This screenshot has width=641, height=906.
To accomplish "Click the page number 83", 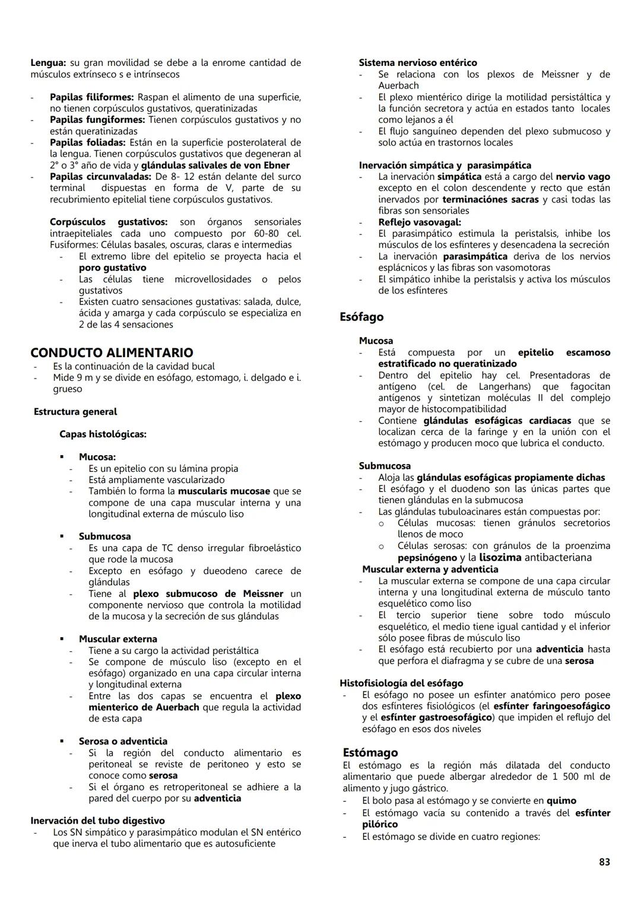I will click(x=604, y=862).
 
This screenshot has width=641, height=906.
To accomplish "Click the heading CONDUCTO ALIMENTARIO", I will click(x=112, y=353).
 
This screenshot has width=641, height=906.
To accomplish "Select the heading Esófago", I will click(x=361, y=317).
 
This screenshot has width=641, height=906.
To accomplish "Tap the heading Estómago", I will click(x=370, y=752).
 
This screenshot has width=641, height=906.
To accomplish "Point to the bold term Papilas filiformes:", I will click(x=93, y=97).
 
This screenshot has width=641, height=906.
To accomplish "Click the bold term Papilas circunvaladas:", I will click(x=101, y=177).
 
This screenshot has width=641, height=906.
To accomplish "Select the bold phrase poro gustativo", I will click(x=112, y=268).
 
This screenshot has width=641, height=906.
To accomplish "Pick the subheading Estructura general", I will click(x=75, y=412).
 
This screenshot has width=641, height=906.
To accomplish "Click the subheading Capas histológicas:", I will click(x=103, y=434).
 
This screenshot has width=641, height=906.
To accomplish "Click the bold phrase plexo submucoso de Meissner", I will click(x=208, y=594).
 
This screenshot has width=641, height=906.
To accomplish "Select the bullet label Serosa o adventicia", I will click(x=123, y=741).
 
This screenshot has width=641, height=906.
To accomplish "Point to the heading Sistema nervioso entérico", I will click(x=418, y=63).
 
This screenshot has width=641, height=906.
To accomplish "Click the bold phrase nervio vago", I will click(x=583, y=177).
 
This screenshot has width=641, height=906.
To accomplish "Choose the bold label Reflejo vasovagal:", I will click(x=420, y=222).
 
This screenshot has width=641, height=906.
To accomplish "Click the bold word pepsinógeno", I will click(x=427, y=558).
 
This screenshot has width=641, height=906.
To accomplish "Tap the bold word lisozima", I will click(x=500, y=558).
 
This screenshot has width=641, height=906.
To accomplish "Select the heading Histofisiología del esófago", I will click(x=401, y=684).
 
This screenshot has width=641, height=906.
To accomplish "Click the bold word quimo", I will click(x=561, y=801).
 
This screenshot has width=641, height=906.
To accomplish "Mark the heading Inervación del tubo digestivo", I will click(x=98, y=821).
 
